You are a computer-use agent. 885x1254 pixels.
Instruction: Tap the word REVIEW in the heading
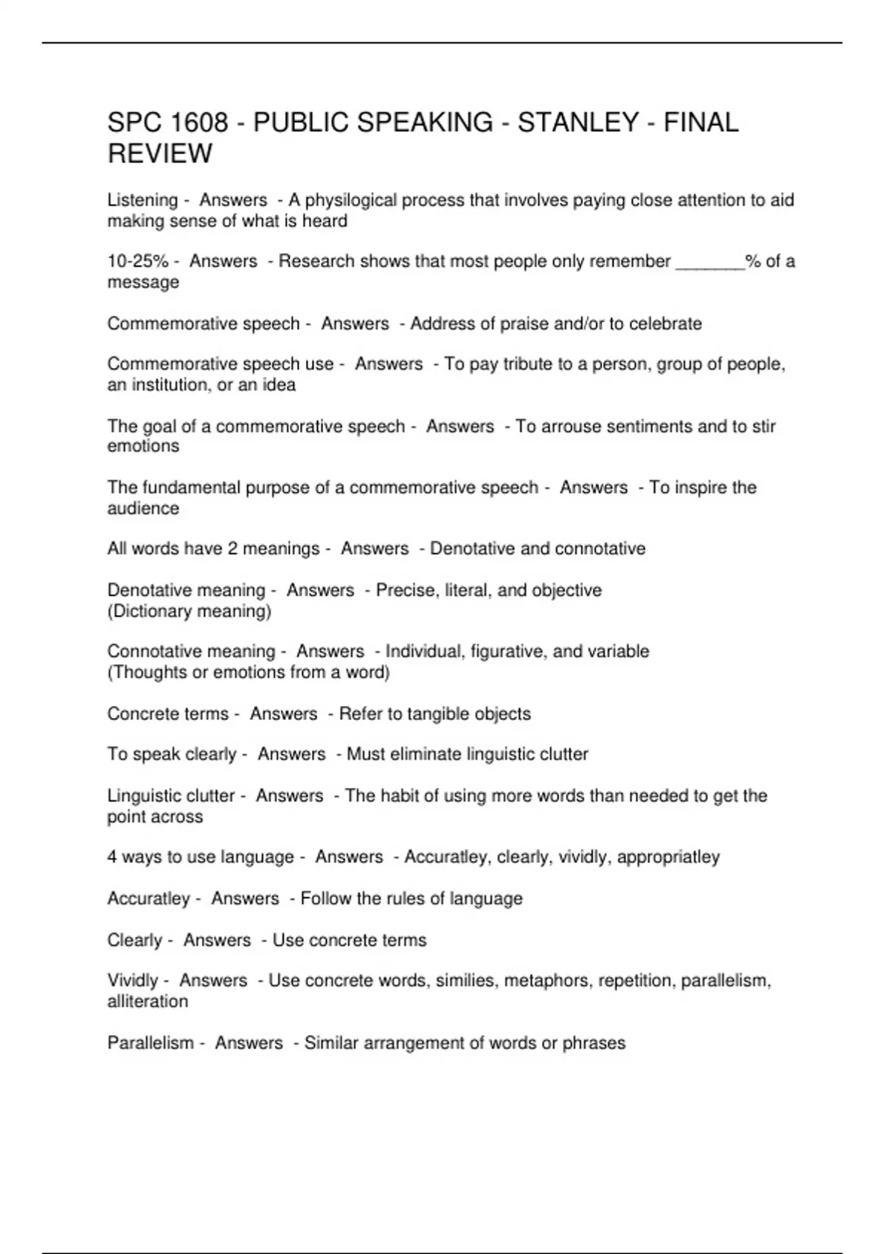[159, 154]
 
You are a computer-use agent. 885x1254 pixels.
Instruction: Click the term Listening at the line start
[142, 200]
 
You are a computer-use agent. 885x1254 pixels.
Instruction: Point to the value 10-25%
[138, 261]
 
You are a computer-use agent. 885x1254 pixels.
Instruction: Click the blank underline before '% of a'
[709, 263]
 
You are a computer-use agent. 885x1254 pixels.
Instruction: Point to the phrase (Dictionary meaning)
[190, 611]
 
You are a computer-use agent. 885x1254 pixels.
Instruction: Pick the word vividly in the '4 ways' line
[583, 857]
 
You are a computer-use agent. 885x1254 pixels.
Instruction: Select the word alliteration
[147, 1002]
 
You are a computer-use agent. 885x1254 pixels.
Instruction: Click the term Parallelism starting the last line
[150, 1043]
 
